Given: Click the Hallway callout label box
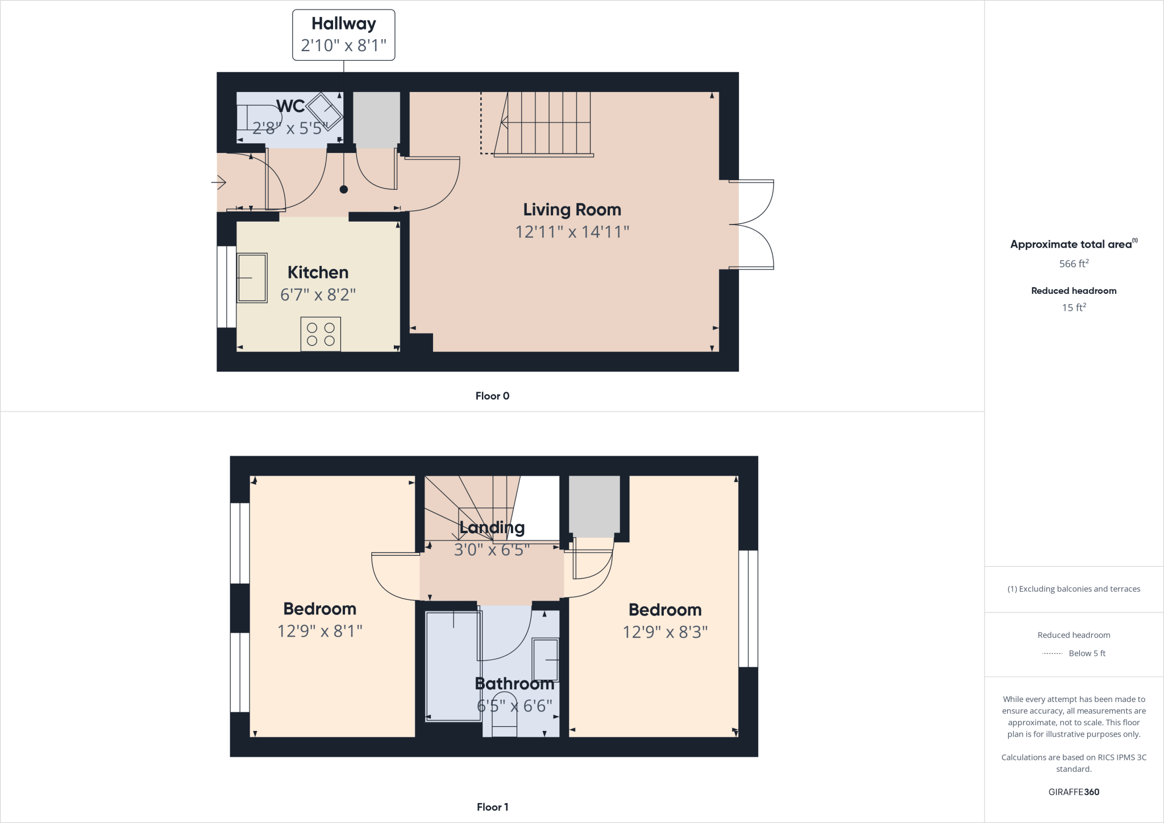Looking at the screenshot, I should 343,35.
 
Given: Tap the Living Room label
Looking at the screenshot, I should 572,210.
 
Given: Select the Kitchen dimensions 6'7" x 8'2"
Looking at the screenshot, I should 318,295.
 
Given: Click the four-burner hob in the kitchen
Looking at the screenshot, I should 321,334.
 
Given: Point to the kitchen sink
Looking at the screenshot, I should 252,278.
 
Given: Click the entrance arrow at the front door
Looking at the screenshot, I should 219,182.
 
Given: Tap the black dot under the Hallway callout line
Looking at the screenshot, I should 343,190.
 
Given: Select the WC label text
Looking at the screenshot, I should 290,106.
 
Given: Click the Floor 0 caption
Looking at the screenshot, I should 492,396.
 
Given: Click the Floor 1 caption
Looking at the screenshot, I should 492,807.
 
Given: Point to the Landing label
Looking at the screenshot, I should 492,527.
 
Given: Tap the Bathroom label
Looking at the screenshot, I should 514,684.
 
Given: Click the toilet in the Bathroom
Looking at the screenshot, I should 504,715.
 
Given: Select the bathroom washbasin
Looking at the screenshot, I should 545,659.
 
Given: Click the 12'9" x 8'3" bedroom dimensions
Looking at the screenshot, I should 665,633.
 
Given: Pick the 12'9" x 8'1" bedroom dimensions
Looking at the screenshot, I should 319,631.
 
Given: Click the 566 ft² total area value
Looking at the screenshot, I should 1074,264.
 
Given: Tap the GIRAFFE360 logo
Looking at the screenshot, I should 1074,792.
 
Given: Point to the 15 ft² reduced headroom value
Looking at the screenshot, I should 1074,307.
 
